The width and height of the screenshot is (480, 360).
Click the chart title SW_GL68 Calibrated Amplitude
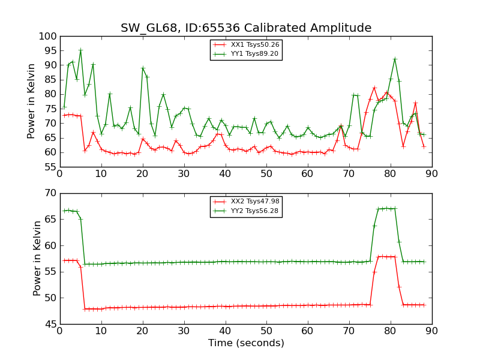(x=246, y=28)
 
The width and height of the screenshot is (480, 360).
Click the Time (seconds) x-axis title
(x=246, y=343)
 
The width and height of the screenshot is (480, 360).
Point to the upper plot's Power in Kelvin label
(x=32, y=101)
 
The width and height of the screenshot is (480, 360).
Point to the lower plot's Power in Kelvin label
(x=37, y=258)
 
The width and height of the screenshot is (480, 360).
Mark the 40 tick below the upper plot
(x=225, y=175)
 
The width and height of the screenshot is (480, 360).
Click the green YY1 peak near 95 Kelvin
(x=80, y=50)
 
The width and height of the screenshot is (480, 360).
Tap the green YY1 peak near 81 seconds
(x=395, y=59)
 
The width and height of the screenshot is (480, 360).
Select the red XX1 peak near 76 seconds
(x=374, y=88)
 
